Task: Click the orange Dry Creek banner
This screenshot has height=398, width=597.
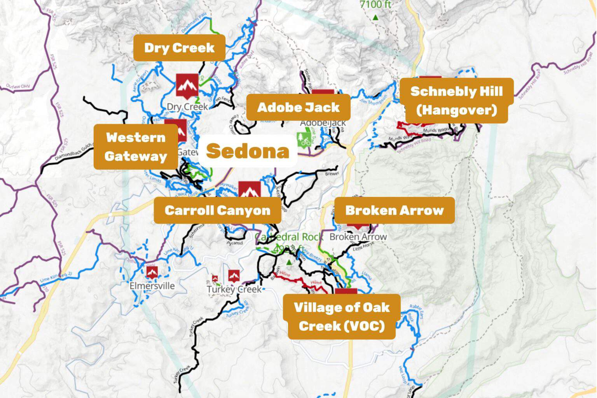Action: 179,48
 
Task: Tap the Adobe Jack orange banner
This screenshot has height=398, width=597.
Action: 298,107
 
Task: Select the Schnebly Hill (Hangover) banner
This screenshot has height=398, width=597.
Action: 457,101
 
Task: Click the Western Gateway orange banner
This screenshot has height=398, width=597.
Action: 136,147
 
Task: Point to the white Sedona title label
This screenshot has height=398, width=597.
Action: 248,151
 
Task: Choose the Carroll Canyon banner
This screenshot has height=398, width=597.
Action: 217,210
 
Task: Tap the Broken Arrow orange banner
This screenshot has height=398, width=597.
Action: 394,210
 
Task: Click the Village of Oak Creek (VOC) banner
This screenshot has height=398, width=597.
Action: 342,316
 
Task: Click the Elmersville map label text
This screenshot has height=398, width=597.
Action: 152,286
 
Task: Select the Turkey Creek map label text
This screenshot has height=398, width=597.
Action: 234,290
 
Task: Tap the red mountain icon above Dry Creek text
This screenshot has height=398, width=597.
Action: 187,85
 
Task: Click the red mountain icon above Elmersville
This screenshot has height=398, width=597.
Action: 152,272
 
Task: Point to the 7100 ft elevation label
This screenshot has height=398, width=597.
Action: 375,5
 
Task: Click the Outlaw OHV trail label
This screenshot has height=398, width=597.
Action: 17,86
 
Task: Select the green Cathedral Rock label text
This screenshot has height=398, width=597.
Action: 288,237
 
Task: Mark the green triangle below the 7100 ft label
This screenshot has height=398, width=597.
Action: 375,17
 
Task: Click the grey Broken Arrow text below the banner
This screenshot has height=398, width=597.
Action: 358,237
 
